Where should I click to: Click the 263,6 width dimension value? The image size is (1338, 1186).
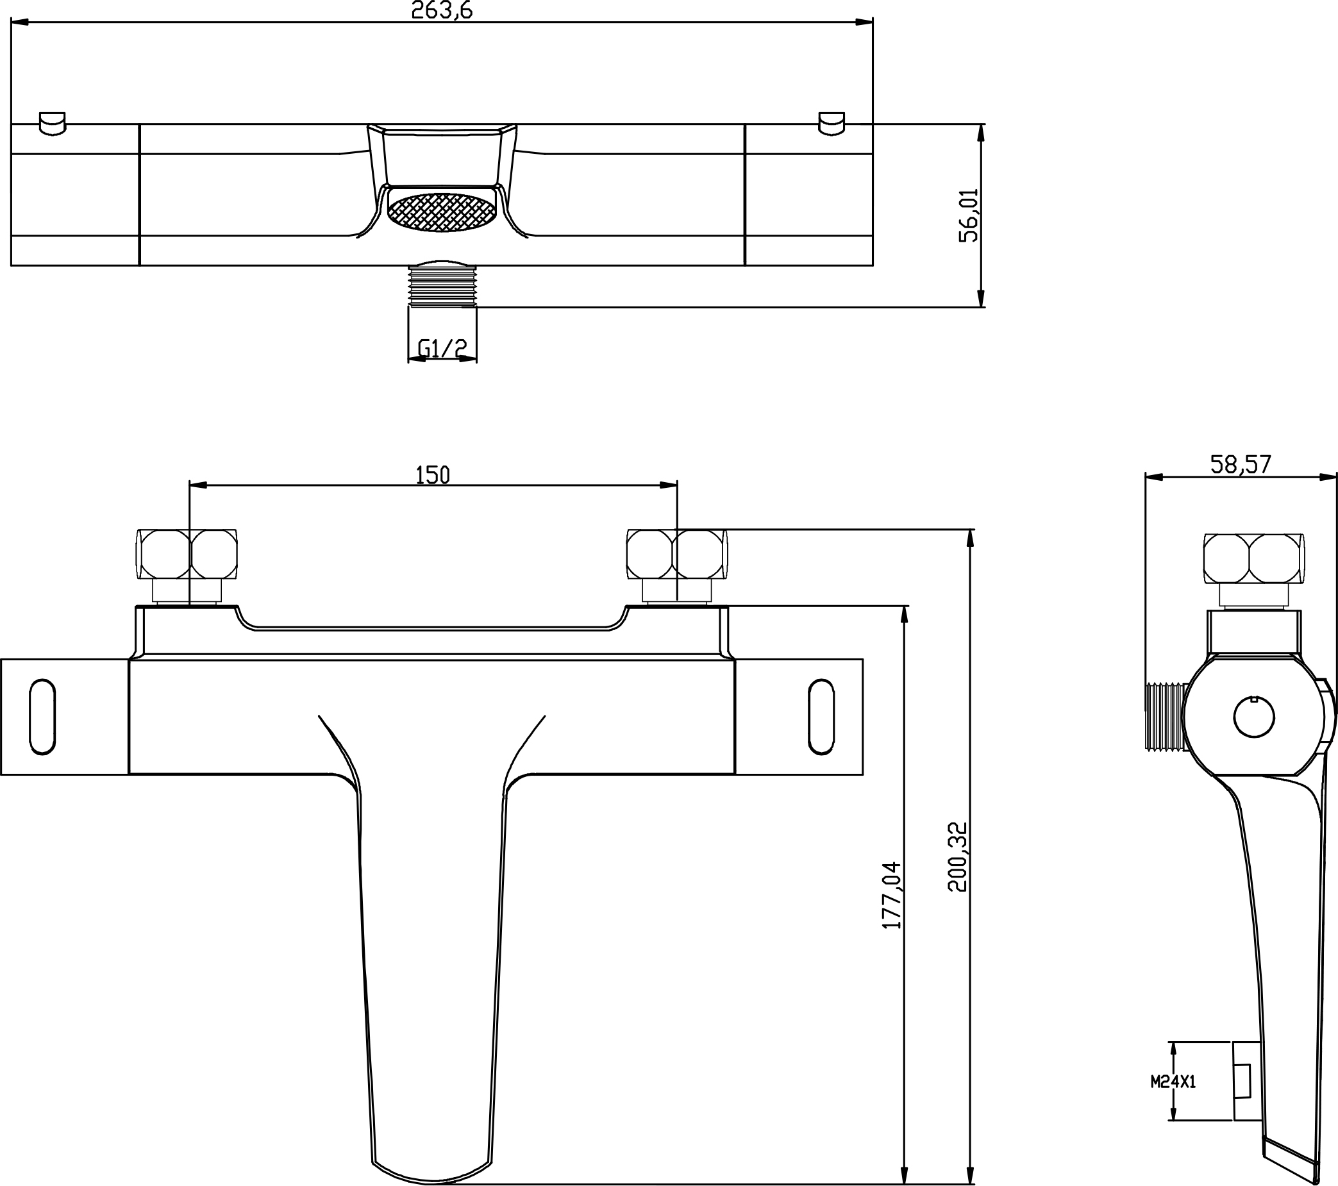(442, 10)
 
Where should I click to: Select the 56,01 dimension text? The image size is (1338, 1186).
(968, 215)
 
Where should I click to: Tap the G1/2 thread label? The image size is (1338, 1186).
(442, 349)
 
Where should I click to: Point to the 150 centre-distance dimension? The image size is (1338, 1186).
(433, 474)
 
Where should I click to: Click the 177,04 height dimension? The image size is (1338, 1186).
(892, 895)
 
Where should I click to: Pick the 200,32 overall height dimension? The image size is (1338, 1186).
(957, 856)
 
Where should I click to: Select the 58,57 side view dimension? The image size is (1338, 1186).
(1241, 464)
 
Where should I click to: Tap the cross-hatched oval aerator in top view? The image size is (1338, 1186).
(441, 212)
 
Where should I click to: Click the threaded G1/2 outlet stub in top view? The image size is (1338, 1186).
(442, 284)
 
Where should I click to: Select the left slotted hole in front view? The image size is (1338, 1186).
(42, 717)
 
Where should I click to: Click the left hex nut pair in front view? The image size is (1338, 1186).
(187, 555)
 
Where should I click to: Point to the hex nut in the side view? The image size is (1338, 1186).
(1253, 558)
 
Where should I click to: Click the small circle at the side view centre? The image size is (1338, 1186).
(1253, 717)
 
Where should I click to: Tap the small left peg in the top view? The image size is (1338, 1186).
(53, 124)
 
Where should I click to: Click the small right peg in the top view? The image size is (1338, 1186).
(832, 124)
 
